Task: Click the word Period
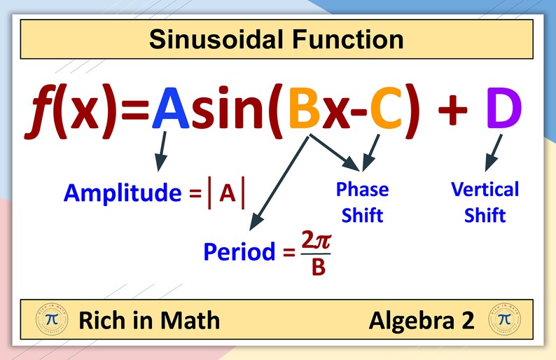pos(239,251)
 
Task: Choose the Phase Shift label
pos(362,201)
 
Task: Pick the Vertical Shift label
pos(485,202)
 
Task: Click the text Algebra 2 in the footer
pos(422,321)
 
